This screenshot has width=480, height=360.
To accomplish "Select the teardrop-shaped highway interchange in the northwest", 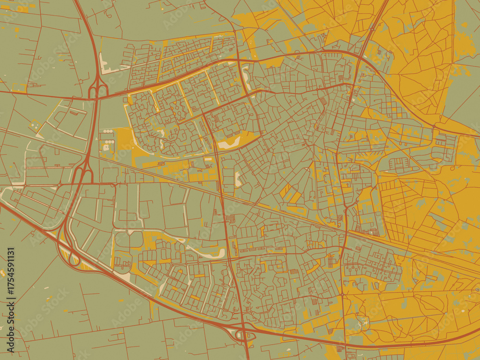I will [x=97, y=89].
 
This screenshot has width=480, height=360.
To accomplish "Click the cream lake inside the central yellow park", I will [x=229, y=143].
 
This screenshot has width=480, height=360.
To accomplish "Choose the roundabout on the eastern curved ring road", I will [x=434, y=127].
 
